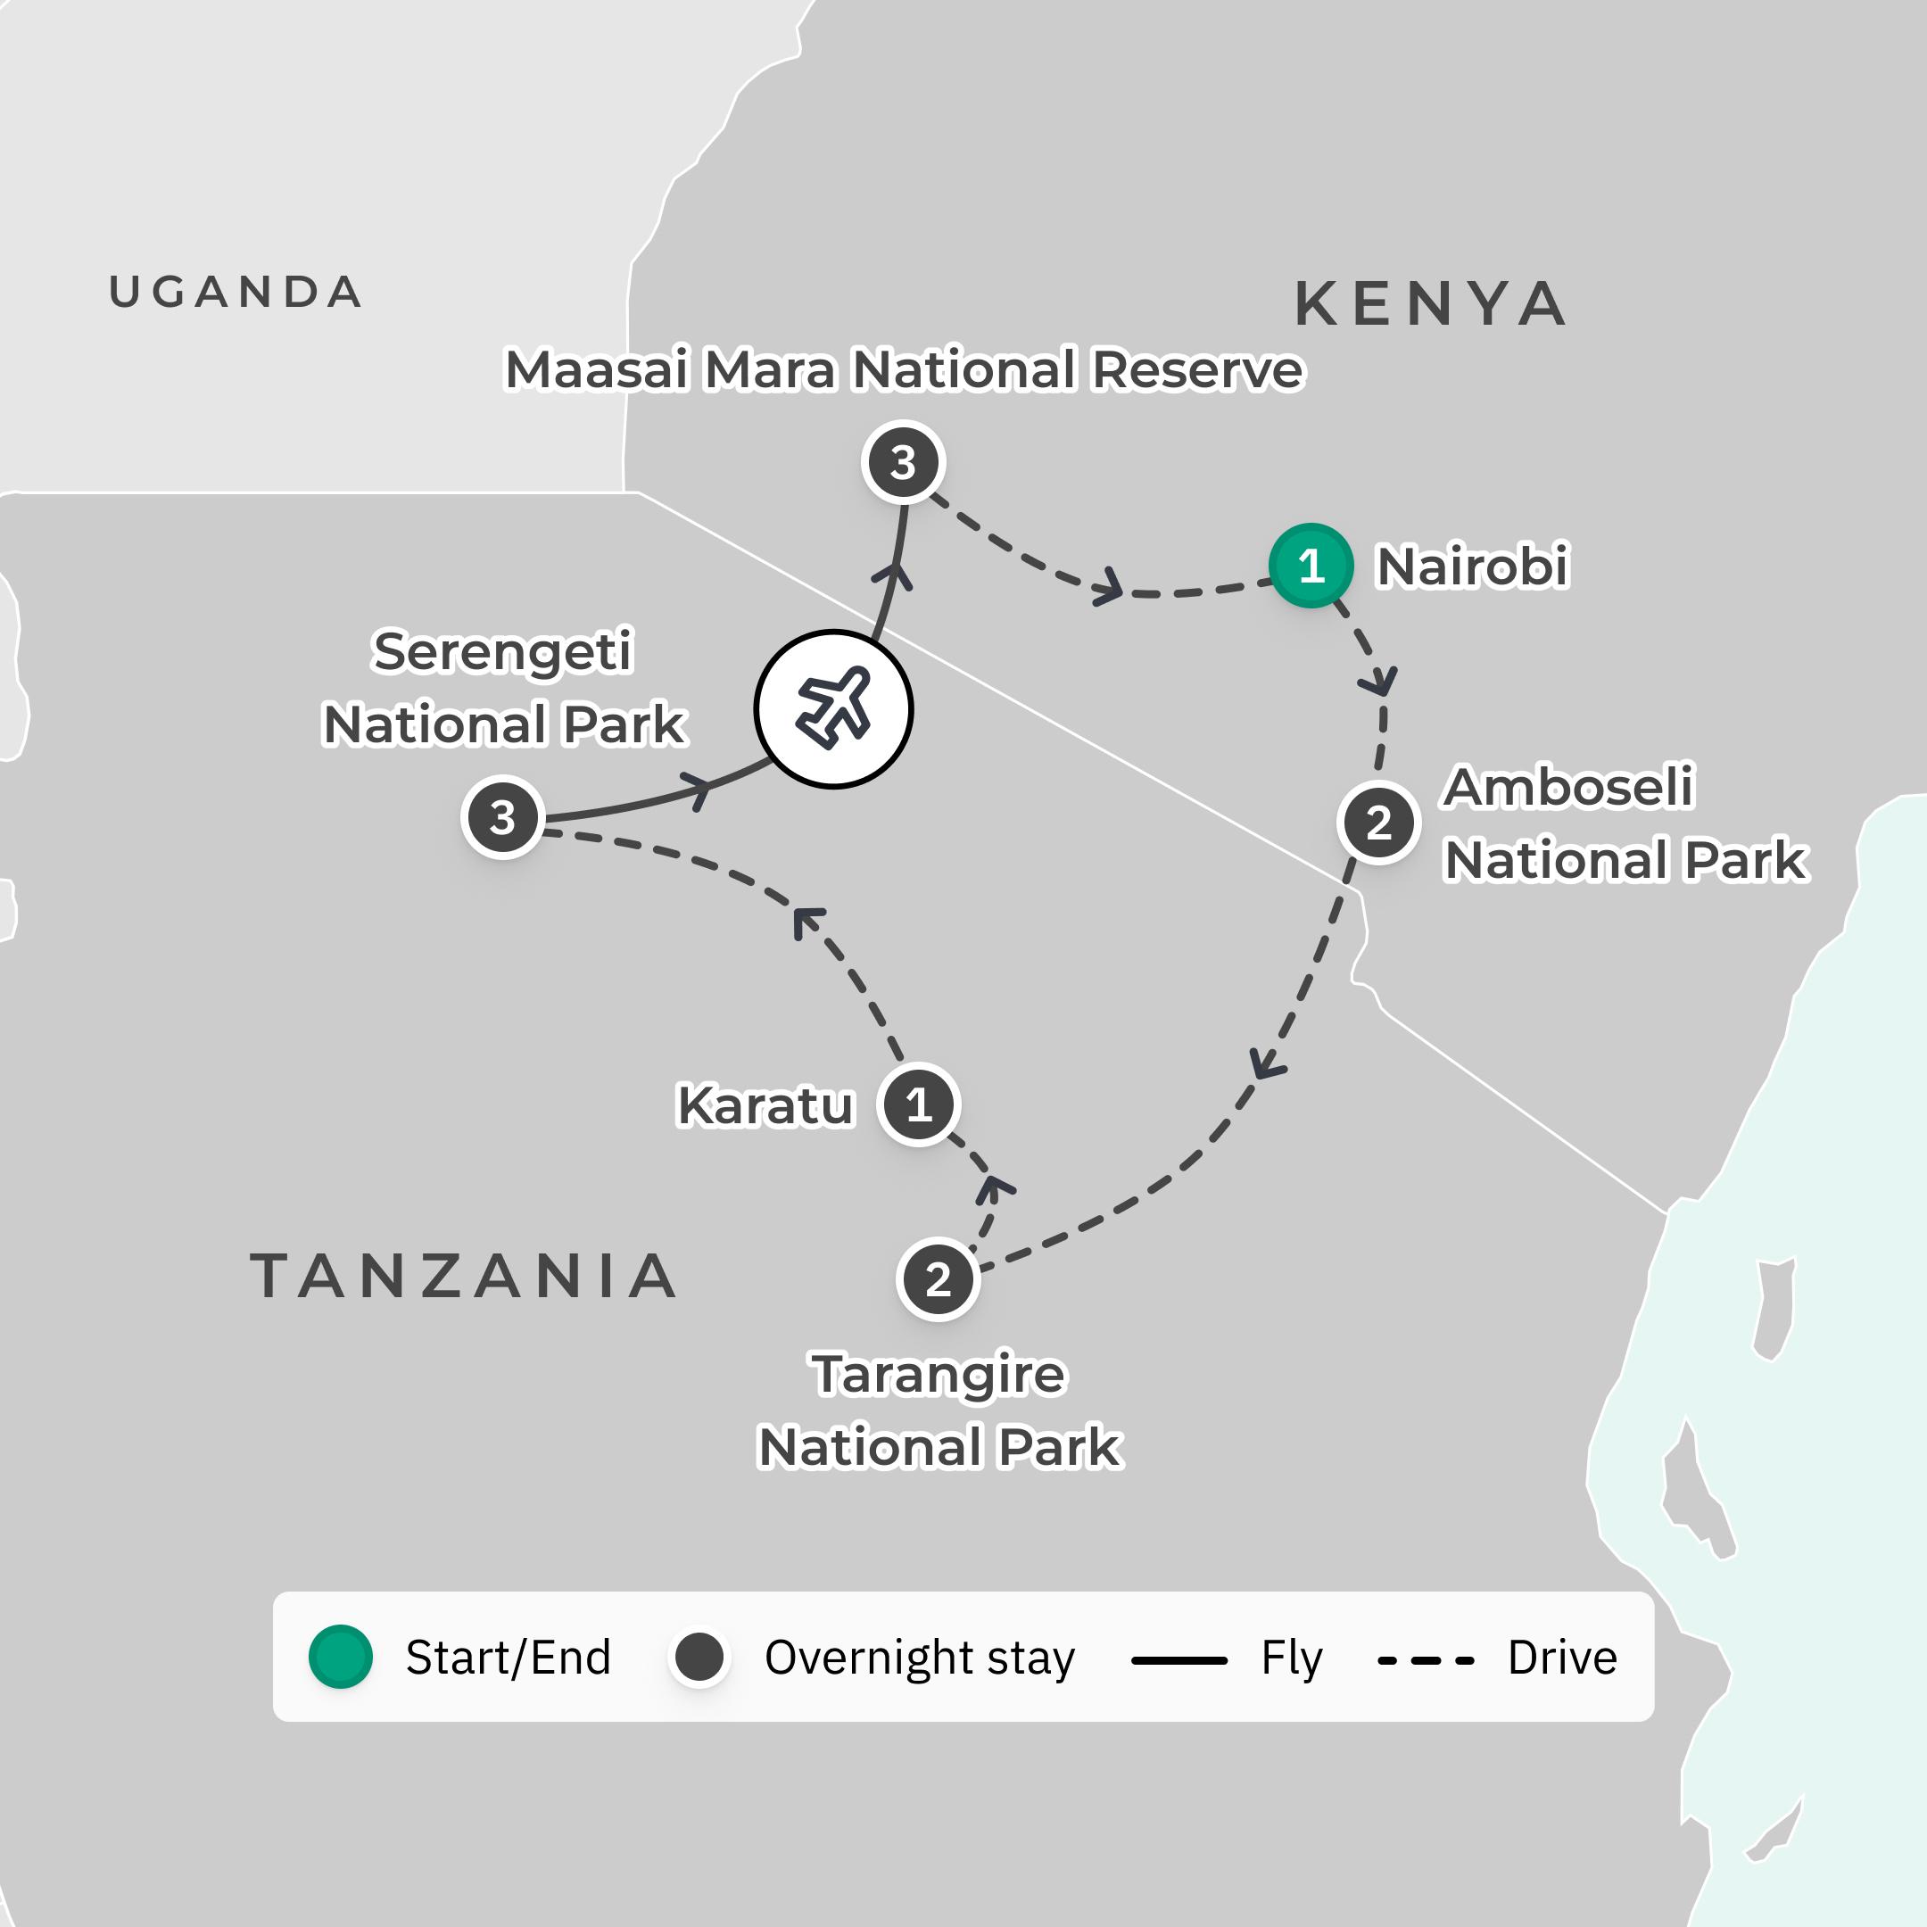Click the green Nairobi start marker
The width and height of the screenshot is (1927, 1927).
click(1311, 566)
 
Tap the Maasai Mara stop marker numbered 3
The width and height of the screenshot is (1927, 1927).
click(903, 462)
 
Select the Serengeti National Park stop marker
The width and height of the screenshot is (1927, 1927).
click(502, 817)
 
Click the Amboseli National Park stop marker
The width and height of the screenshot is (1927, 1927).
click(1378, 823)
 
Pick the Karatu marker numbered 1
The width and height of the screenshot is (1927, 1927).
click(919, 1104)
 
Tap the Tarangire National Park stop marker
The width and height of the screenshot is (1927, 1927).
click(938, 1279)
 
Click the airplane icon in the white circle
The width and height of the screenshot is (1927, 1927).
click(833, 709)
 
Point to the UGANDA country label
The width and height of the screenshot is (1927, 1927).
click(236, 293)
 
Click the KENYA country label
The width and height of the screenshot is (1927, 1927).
click(1430, 304)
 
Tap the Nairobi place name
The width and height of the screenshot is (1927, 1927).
click(1472, 567)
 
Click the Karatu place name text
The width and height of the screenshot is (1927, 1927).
click(765, 1105)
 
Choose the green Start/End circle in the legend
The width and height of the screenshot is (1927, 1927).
click(340, 1657)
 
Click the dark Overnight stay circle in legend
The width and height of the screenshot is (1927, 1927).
click(699, 1657)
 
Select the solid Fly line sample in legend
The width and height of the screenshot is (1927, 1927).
click(1179, 1660)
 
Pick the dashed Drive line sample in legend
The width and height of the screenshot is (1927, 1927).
click(1426, 1660)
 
